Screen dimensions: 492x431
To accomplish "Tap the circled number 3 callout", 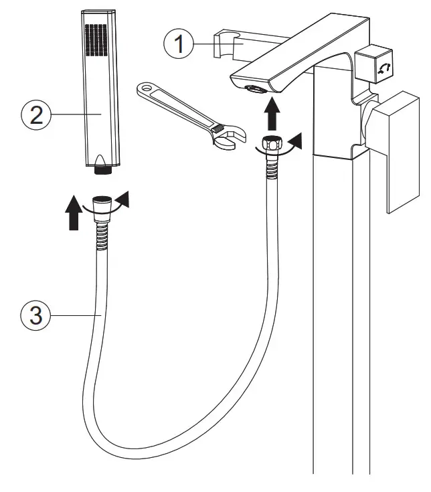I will (33, 315).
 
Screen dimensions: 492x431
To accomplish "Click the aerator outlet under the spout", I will (255, 88).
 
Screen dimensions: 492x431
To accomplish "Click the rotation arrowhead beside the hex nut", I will (294, 140).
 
